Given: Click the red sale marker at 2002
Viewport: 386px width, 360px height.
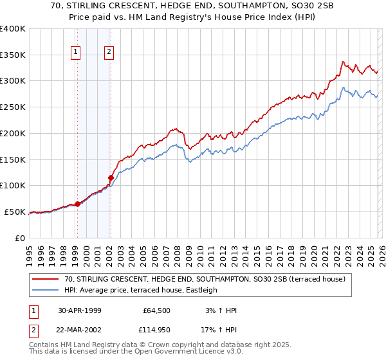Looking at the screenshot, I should point(111,177).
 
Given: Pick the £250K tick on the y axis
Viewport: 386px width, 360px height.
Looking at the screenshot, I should point(13,107).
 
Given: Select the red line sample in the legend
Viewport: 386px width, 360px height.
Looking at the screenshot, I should point(46,280).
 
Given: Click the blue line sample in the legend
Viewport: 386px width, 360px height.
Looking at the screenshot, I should point(46,291).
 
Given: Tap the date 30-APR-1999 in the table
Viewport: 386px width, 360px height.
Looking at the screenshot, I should point(80,310).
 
